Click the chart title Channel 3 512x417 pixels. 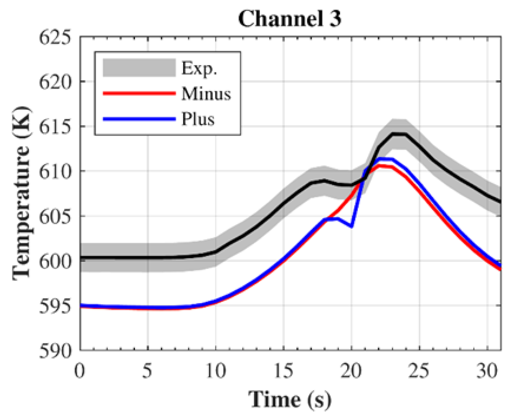pyautogui.click(x=289, y=18)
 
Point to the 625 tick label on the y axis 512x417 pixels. pyautogui.click(x=56, y=37)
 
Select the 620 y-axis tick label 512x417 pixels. pyautogui.click(x=56, y=82)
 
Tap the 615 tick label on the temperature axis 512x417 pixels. pyautogui.click(x=56, y=126)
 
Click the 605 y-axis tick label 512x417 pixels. pyautogui.click(x=56, y=216)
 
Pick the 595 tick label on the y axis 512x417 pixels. pyautogui.click(x=56, y=306)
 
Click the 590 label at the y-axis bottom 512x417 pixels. pyautogui.click(x=56, y=350)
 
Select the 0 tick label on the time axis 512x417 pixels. pyautogui.click(x=80, y=370)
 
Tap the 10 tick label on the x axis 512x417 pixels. pyautogui.click(x=216, y=370)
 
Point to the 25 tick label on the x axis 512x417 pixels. pyautogui.click(x=419, y=370)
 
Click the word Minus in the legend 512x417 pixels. pyautogui.click(x=206, y=93)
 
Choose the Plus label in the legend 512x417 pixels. pyautogui.click(x=198, y=119)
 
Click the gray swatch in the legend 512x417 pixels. pyautogui.click(x=139, y=68)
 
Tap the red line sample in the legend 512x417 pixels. pyautogui.click(x=139, y=93)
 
